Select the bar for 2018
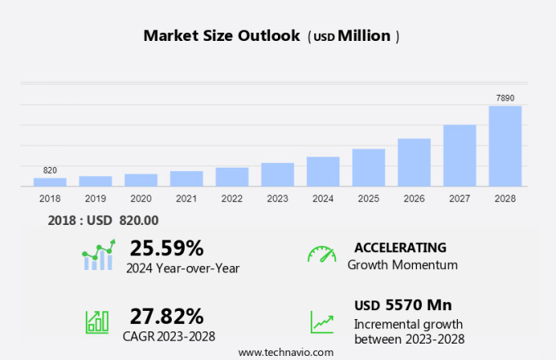point(50,182)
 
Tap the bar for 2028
point(505,146)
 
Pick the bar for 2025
point(369,167)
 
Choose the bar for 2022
point(232,177)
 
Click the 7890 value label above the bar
point(505,98)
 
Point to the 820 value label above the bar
point(50,170)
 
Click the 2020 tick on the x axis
point(141,199)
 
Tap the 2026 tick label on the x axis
point(415,199)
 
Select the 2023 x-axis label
point(277,199)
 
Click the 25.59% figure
point(167,248)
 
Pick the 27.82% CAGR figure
point(167,316)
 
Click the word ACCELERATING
point(400,247)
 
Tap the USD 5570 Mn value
point(403,305)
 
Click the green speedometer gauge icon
point(321,254)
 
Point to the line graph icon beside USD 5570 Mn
point(321,321)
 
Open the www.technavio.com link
point(285,352)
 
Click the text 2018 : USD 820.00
point(103,220)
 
